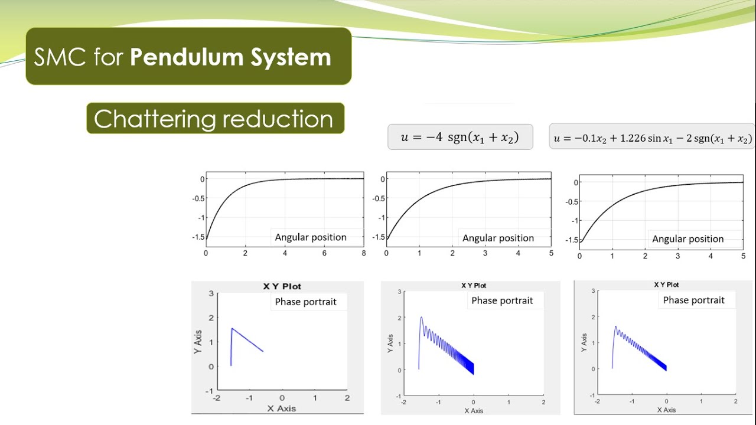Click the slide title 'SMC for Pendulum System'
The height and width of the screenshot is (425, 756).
pos(183,57)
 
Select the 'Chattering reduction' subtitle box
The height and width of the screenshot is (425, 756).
pos(213,119)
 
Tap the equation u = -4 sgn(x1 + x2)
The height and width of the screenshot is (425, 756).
pos(460,137)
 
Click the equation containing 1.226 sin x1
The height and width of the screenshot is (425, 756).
pos(652,139)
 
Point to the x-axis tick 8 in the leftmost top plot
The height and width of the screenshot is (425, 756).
pos(363,253)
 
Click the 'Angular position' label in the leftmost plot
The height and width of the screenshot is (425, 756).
pos(311,237)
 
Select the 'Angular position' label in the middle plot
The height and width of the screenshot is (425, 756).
pos(498,238)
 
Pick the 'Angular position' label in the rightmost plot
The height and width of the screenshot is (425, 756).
pos(687,239)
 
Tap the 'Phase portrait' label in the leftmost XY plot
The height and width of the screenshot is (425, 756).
pos(305,302)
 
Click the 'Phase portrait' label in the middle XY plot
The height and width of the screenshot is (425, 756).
pos(502,300)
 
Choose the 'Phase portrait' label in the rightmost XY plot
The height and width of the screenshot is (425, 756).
pos(693,300)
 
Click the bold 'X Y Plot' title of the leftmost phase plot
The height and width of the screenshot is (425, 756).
pos(282,286)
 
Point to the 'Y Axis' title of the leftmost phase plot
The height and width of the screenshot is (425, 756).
pos(198,341)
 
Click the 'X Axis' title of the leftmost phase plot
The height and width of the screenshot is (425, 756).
pos(281,408)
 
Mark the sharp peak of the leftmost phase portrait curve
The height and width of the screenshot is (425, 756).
pos(232,328)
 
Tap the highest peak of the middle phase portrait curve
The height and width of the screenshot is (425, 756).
pos(421,318)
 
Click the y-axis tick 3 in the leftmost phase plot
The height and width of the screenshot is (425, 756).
pos(211,293)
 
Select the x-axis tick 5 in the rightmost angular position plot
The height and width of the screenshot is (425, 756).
pos(743,256)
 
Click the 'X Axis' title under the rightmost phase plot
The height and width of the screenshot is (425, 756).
pos(665,410)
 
